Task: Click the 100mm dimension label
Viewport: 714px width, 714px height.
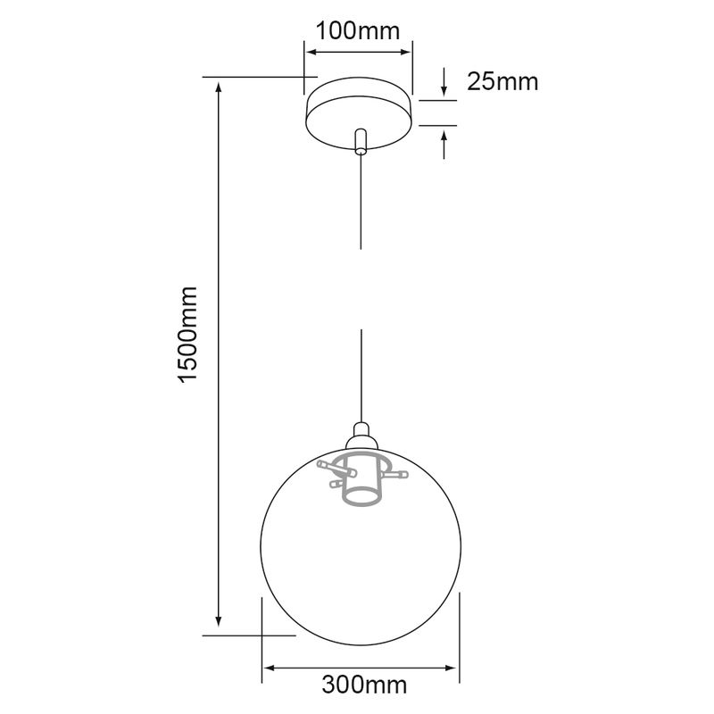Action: coord(358,31)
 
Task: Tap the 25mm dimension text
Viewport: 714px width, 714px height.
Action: coord(502,82)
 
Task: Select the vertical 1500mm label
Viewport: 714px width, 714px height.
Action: coord(187,335)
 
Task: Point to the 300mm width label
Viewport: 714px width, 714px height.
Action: coord(364,685)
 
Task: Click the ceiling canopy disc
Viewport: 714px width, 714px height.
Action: coord(360,113)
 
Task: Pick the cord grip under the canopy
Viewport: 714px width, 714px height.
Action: coord(361,142)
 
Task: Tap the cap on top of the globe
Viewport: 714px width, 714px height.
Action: coord(361,436)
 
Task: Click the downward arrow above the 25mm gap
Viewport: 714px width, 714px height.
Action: coord(444,82)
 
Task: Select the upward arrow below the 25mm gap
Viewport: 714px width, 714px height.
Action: coord(444,144)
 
